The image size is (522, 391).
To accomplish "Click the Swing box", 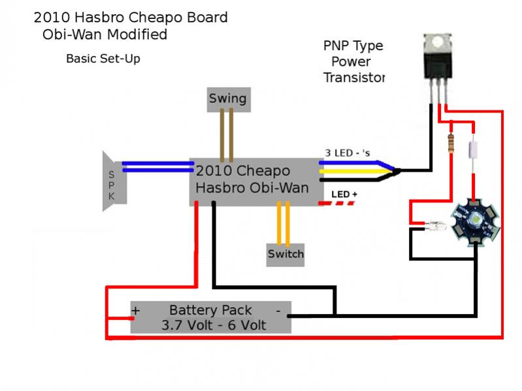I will coord(227,99).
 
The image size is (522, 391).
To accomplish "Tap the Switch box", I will coord(285,253).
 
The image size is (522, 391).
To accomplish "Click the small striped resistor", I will coord(450,142).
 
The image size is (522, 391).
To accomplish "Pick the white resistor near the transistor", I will coord(473,148).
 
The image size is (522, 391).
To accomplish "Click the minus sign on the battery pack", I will coord(278,309).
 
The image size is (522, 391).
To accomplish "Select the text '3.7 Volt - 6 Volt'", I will coord(210,324).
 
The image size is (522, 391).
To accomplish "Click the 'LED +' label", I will coord(344,195).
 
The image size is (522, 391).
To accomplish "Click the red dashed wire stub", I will coord(336,204).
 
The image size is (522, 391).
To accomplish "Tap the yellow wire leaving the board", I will coord(353,172).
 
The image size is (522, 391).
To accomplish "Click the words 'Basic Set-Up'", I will coord(103,59).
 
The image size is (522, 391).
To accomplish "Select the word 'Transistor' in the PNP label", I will coord(353,78).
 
